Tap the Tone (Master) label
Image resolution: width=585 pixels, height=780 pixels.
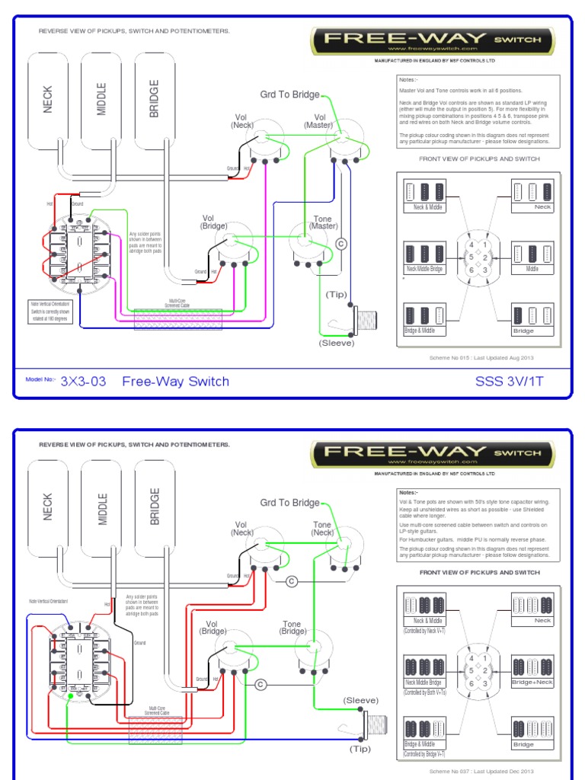tap(323, 222)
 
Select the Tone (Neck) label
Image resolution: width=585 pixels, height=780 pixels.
tap(323, 529)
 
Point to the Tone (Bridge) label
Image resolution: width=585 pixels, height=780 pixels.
tap(292, 628)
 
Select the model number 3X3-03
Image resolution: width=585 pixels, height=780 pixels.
tap(83, 382)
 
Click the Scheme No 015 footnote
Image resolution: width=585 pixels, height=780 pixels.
tap(482, 356)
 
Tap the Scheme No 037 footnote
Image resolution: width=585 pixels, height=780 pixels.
tap(482, 771)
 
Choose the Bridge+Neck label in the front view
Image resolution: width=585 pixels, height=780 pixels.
tap(532, 682)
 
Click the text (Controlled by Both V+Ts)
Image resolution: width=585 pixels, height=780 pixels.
tap(425, 692)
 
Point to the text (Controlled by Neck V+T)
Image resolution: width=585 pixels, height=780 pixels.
tap(425, 631)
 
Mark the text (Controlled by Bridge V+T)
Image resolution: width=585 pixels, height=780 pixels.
tap(425, 755)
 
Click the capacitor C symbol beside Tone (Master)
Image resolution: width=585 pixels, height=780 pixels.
tap(341, 244)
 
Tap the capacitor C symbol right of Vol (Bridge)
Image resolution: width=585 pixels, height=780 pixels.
tap(261, 684)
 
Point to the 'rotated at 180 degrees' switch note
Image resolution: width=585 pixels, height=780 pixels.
tap(50, 319)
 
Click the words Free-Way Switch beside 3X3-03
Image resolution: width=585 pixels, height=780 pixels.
tap(175, 382)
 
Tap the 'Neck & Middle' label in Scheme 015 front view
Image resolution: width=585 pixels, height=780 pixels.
tap(424, 207)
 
